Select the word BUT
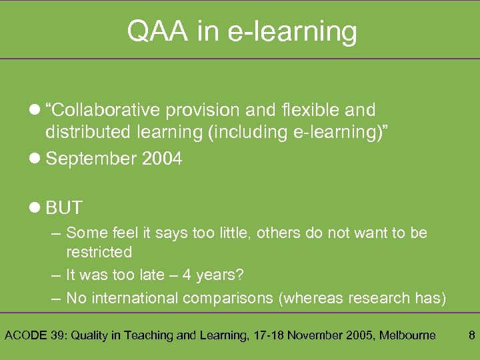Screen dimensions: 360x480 [64, 208]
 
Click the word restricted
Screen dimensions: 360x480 [99, 252]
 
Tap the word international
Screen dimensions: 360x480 [133, 298]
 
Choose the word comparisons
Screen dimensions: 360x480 [229, 298]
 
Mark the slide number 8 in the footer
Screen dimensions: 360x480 [471, 335]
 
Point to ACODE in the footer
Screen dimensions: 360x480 [26, 335]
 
